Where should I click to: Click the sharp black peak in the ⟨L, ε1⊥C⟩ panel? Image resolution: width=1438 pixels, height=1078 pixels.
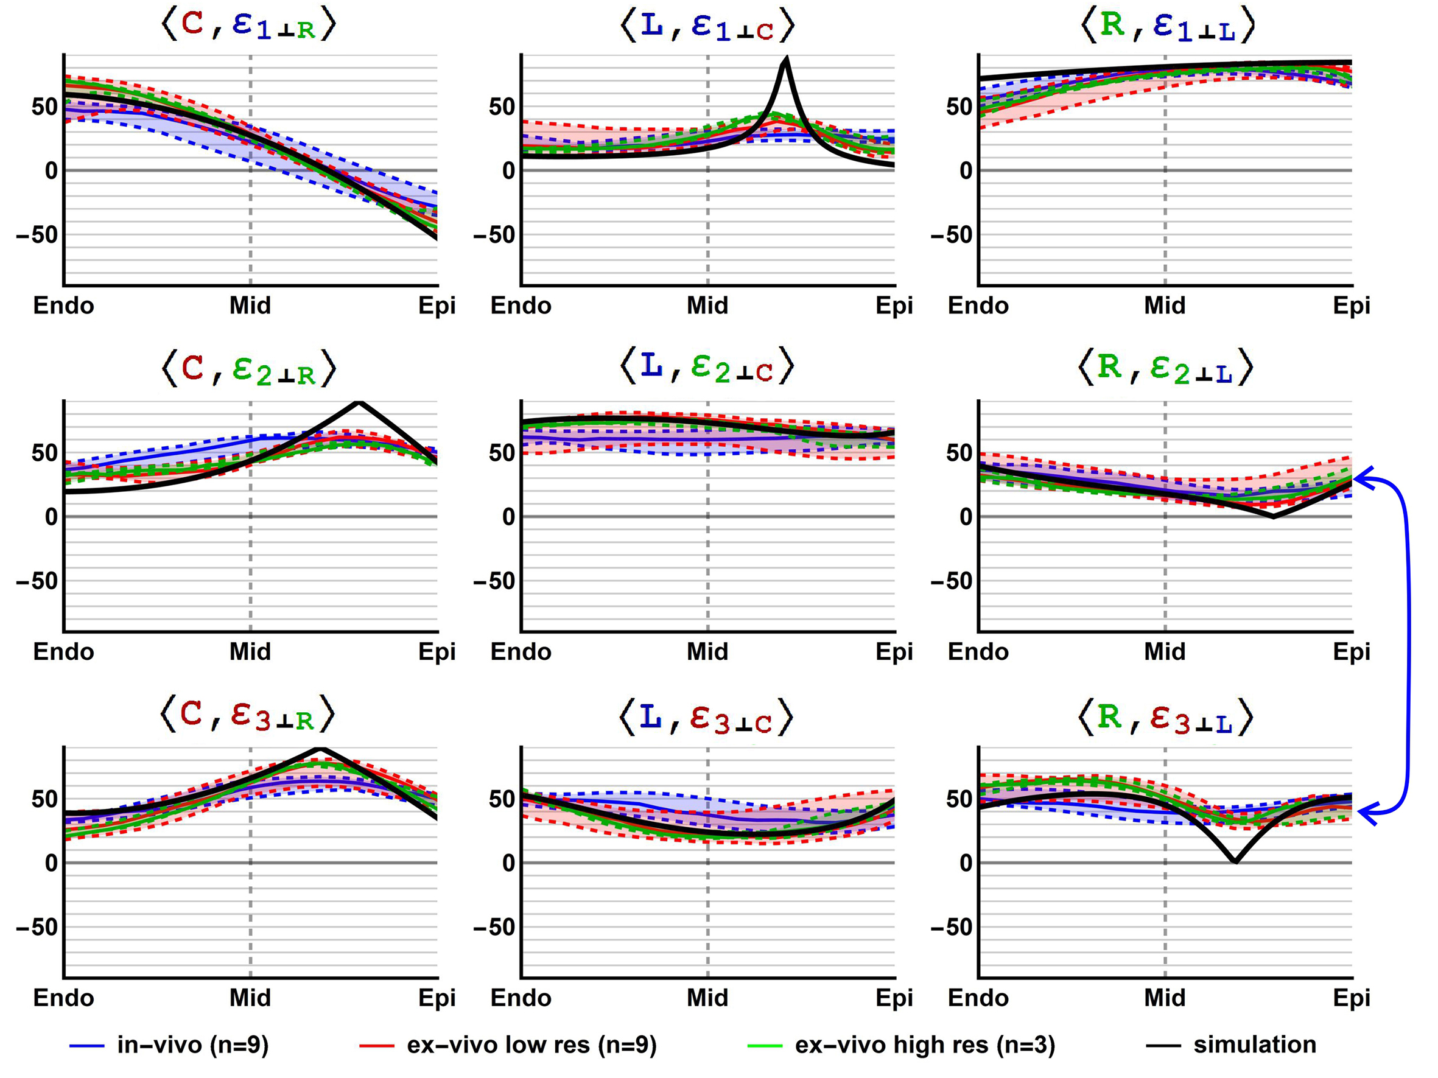click(787, 60)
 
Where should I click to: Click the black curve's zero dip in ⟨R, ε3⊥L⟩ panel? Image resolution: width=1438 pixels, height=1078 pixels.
click(1235, 862)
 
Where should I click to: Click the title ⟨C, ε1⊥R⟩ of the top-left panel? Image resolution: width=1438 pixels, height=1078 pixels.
click(248, 26)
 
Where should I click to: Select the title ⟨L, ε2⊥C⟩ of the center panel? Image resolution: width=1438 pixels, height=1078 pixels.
click(707, 368)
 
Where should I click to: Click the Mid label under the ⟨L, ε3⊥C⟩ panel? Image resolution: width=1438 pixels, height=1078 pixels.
click(707, 998)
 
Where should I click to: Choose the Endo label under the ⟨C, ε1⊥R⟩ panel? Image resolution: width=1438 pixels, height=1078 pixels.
click(64, 306)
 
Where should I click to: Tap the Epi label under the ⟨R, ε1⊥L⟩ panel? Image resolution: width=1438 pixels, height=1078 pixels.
click(1351, 306)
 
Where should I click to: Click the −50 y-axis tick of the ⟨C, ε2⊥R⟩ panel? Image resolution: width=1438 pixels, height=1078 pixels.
click(37, 581)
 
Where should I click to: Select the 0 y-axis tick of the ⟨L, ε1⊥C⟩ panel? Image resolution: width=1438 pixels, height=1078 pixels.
click(508, 171)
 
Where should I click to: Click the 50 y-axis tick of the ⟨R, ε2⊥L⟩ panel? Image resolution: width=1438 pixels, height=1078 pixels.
click(959, 453)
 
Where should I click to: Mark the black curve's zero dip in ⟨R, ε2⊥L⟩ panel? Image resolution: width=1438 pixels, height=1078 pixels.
click(1273, 516)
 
